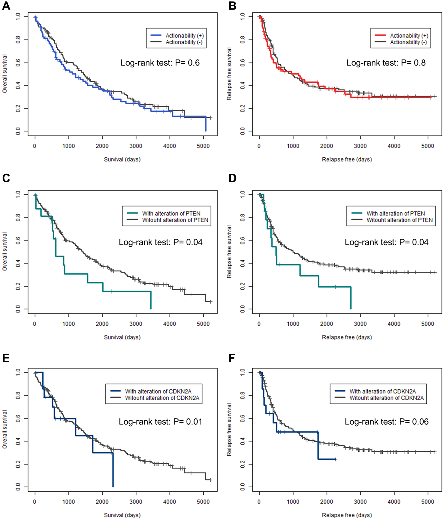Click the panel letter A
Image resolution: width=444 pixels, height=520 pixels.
pos(6,6)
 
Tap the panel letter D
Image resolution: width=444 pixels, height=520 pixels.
pos(232,178)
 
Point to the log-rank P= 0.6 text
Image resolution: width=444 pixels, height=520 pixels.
pos(160,63)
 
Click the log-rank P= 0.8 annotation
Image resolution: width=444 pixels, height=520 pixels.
pos(386,63)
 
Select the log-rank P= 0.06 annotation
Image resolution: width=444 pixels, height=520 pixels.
pos(387,421)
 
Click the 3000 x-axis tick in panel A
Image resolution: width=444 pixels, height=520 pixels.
pos(136,146)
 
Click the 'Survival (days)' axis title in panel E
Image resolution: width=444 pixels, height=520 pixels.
pos(122,515)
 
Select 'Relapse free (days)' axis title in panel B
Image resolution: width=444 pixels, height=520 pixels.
pos(347,159)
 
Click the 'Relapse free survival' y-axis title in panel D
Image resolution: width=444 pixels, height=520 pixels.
pos(229,252)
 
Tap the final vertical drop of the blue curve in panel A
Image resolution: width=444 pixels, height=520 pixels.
pos(206,124)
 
